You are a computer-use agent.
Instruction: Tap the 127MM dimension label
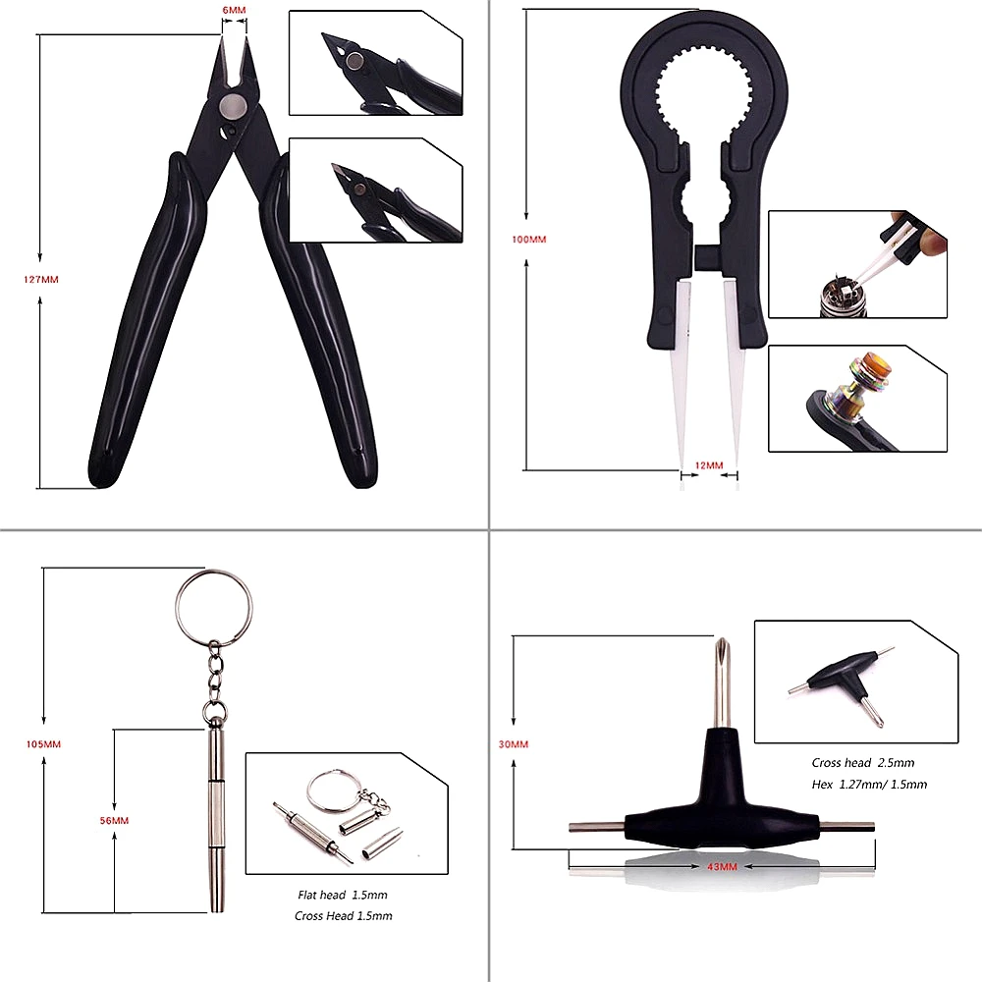point(41,279)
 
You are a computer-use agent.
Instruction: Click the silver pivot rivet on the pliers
point(233,106)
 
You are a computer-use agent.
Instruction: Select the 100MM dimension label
point(529,239)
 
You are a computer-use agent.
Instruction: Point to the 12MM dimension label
point(708,464)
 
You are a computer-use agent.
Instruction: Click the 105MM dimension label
point(43,743)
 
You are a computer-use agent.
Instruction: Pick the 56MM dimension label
point(114,820)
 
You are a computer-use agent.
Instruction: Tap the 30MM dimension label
point(514,744)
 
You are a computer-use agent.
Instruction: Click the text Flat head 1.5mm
point(343,896)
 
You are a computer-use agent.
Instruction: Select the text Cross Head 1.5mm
point(343,916)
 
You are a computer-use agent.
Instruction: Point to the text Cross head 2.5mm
point(862,763)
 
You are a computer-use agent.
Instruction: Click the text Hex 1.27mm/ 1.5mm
point(869,785)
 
